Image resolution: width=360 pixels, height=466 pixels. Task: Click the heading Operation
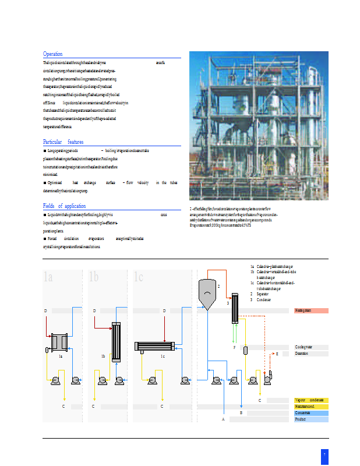click(x=52, y=54)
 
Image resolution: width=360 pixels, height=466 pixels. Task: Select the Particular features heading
click(x=63, y=142)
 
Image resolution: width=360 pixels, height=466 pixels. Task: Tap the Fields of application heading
click(x=64, y=206)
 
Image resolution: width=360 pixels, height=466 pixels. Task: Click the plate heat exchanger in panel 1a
click(x=59, y=341)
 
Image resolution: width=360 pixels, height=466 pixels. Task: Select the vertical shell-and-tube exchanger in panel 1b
click(x=115, y=343)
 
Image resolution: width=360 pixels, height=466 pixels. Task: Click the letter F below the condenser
click(x=234, y=347)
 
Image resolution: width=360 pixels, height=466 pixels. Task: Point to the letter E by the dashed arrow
click(x=277, y=354)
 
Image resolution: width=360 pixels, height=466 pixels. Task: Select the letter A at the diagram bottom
click(x=223, y=419)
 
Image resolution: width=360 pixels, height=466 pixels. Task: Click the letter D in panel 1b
click(x=94, y=311)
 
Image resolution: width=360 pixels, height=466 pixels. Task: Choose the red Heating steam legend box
click(x=311, y=310)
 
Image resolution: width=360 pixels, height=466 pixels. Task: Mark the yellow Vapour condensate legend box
click(x=311, y=400)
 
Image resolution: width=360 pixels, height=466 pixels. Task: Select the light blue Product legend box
click(x=311, y=419)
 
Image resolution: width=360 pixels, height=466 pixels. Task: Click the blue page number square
click(x=324, y=453)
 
